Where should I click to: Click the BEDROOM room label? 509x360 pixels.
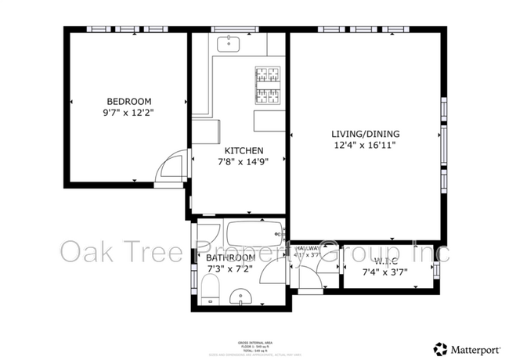(x=128, y=102)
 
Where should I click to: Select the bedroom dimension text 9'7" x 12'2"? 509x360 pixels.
(x=128, y=113)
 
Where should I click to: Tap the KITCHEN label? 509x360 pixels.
(x=244, y=150)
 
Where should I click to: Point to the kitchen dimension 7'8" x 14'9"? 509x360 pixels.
(x=244, y=163)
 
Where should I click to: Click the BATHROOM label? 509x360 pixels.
(x=230, y=257)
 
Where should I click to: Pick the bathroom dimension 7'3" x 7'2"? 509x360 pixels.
(x=230, y=269)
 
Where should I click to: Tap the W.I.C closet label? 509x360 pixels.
(x=387, y=261)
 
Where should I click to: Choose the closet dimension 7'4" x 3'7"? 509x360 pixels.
(x=387, y=272)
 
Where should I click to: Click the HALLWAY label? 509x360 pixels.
(x=306, y=248)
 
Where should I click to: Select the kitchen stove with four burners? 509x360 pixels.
(x=266, y=85)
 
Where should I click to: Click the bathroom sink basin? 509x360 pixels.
(x=243, y=297)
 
